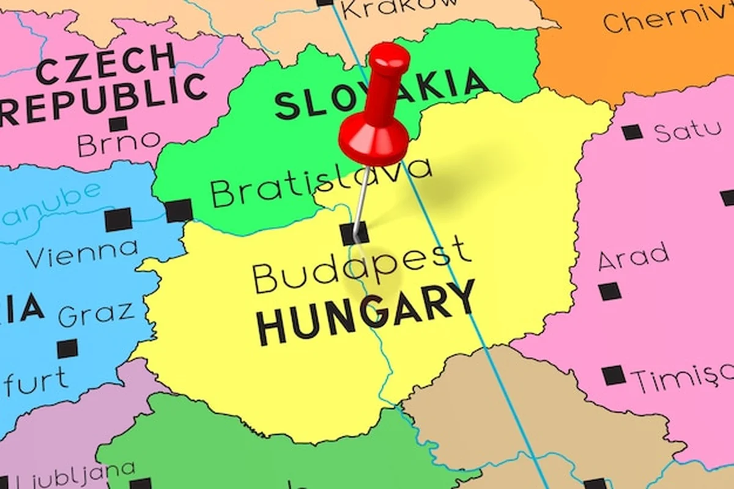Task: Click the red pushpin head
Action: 374,138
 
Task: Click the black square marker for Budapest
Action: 355,234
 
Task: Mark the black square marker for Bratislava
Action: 179,211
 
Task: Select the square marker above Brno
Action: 118,124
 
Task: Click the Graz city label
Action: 96,314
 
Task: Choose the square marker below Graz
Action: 68,349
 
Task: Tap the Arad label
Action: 633,256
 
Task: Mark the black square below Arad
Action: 610,291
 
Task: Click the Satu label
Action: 688,130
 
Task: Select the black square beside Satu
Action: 632,132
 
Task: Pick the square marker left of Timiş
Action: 614,375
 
